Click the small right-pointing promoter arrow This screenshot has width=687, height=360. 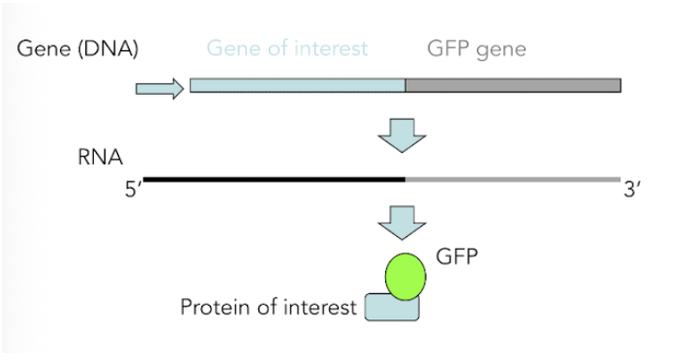159,90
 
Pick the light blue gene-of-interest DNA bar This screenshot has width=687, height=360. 297,85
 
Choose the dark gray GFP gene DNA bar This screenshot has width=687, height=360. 513,85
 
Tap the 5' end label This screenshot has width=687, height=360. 134,190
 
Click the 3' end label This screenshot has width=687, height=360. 632,190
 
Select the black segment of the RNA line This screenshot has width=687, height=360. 274,178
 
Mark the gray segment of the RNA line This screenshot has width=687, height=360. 513,178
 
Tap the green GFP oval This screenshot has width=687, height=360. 406,275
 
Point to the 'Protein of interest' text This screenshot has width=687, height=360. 268,309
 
